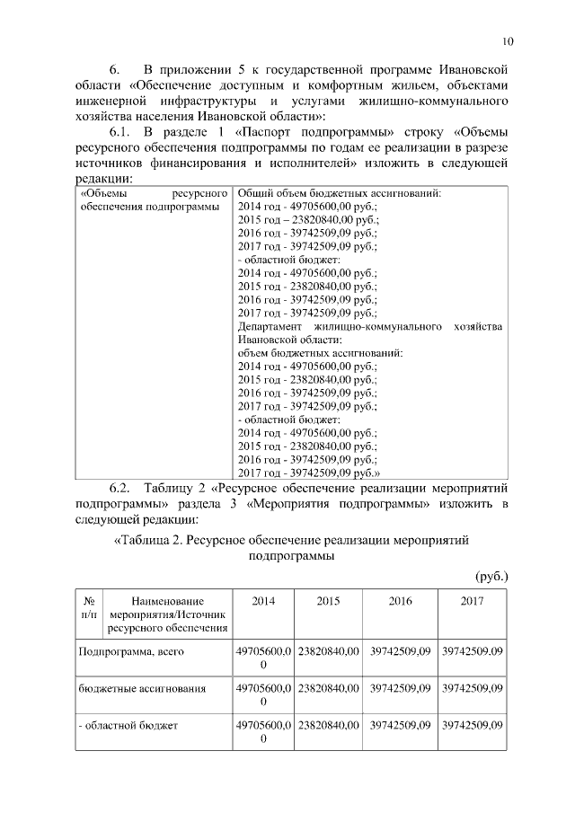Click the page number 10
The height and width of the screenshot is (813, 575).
click(508, 41)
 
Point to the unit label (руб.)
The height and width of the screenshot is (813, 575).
click(491, 575)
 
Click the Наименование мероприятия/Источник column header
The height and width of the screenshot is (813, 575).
click(167, 614)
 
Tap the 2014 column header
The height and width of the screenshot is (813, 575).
click(263, 601)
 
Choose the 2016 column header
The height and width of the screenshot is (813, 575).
click(400, 601)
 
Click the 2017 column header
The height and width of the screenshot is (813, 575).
click(472, 601)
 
